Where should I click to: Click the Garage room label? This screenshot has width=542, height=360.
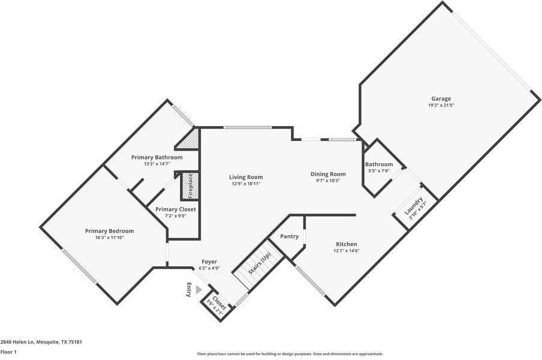pos(441,98)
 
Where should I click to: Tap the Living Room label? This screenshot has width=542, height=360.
pos(246,177)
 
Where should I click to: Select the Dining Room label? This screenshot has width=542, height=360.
pos(328,174)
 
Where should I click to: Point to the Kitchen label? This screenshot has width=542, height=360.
pos(346,244)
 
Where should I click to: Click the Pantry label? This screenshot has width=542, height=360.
pos(289,236)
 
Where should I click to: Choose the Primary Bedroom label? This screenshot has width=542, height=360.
pos(109,231)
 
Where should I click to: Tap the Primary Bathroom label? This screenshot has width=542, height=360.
pos(156,157)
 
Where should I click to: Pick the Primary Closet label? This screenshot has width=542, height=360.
pos(175,209)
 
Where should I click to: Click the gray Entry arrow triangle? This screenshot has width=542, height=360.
pos(199,290)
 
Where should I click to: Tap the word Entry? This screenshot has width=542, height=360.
pos(189,290)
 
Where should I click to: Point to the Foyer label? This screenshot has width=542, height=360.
pos(209,262)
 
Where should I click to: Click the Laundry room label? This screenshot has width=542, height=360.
pos(413,206)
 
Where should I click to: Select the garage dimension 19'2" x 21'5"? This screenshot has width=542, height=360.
pos(441,106)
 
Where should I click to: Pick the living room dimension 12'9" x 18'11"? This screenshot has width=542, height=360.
pos(246,184)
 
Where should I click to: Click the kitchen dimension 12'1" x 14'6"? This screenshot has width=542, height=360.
pos(346,251)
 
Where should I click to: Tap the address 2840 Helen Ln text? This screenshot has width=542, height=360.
pos(41,342)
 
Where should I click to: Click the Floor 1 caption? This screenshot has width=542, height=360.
pos(8,352)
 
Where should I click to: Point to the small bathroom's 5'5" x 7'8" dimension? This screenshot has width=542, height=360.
pos(379,171)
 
